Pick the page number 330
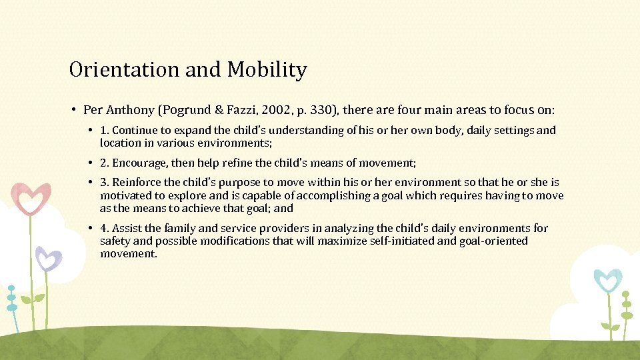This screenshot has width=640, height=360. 317,109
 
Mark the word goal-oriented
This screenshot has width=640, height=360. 493,241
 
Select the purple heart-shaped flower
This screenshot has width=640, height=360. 48,257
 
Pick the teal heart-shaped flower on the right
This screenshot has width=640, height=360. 607,281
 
